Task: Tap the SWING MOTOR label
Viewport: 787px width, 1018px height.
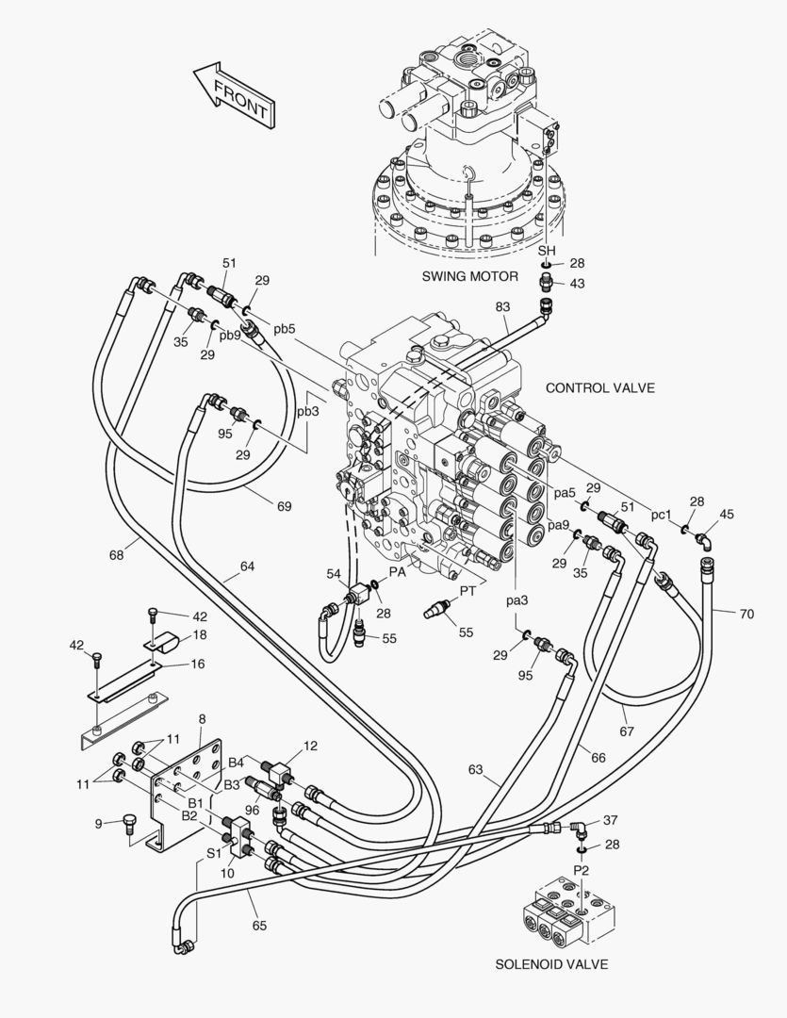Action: tap(470, 276)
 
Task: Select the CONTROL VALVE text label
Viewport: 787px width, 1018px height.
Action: tap(599, 387)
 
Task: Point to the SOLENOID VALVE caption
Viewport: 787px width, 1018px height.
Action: tap(551, 964)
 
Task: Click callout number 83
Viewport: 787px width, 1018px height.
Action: tap(502, 306)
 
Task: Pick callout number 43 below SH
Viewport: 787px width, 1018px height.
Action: tap(577, 284)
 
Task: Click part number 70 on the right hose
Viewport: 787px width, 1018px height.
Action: tap(746, 614)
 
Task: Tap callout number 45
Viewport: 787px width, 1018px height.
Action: tap(726, 514)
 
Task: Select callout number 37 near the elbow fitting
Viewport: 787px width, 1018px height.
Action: tap(611, 820)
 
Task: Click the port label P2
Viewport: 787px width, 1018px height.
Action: tap(581, 870)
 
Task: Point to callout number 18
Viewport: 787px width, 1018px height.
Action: tap(200, 635)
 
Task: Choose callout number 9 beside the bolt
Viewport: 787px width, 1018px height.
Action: tap(98, 823)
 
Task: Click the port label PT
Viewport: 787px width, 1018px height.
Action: tap(467, 590)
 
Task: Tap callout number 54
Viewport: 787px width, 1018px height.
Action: tap(334, 573)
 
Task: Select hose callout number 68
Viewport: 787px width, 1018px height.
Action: tap(116, 554)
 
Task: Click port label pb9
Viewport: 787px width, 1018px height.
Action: tap(230, 335)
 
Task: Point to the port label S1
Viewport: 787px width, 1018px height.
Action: tap(214, 851)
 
